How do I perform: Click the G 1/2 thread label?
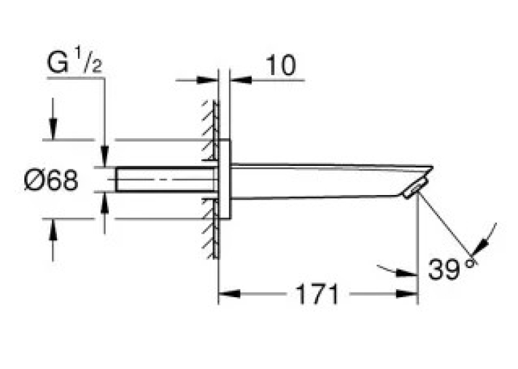74,61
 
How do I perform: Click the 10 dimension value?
281,65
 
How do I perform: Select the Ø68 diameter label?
51,180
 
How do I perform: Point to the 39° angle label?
452,269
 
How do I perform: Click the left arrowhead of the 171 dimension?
230,293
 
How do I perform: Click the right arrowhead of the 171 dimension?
406,293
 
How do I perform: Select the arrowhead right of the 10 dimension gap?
241,80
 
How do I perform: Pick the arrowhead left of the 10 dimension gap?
207,80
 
